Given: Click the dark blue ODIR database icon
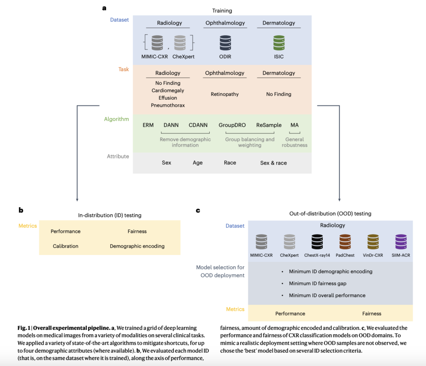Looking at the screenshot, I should pyautogui.click(x=225, y=43).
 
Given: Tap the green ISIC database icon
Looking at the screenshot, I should pyautogui.click(x=279, y=43).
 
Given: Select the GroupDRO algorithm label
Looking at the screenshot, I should pyautogui.click(x=232, y=125).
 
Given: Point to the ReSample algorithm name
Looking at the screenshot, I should pyautogui.click(x=269, y=125).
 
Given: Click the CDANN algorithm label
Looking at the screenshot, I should pyautogui.click(x=197, y=125).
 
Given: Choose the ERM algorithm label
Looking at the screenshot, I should pyautogui.click(x=148, y=125).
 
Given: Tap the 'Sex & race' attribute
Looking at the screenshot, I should pyautogui.click(x=273, y=163).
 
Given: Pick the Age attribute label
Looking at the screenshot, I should pyautogui.click(x=198, y=163).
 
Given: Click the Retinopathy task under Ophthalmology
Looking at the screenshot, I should pyautogui.click(x=225, y=94).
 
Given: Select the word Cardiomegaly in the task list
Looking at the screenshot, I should pyautogui.click(x=168, y=91).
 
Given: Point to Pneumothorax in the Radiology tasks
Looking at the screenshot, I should pyautogui.click(x=168, y=106).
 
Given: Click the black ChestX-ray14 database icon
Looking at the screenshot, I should pyautogui.click(x=317, y=242).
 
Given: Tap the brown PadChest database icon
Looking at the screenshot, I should pyautogui.click(x=345, y=242).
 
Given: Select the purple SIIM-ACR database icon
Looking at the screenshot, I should pyautogui.click(x=401, y=242).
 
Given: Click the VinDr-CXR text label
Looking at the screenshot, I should pyautogui.click(x=372, y=255).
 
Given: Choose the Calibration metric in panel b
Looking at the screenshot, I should pyautogui.click(x=65, y=246).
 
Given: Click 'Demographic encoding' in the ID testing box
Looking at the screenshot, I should pyautogui.click(x=137, y=246).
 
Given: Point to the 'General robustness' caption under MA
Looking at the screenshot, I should pyautogui.click(x=295, y=142).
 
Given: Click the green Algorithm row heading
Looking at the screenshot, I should pyautogui.click(x=116, y=119).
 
